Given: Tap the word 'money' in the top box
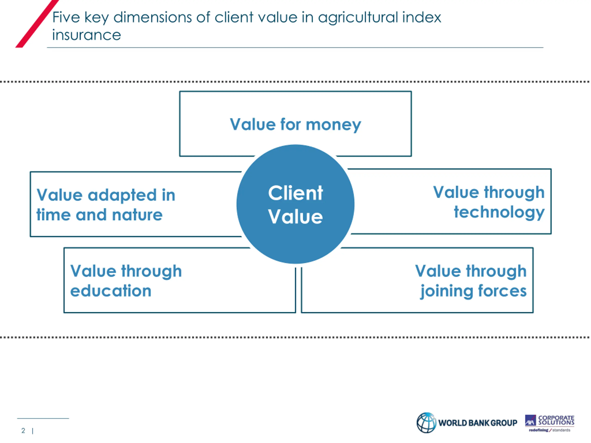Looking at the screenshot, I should (333, 125).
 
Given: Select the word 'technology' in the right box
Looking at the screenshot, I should (499, 213).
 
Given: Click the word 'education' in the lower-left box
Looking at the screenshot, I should (111, 291).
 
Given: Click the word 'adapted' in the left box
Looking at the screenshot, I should (122, 195).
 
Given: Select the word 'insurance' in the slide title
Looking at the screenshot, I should (86, 35).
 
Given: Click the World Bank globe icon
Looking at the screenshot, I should (426, 423).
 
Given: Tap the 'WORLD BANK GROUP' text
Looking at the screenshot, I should (478, 423).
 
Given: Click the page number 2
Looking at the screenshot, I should (23, 431).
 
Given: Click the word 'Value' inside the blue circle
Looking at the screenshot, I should (295, 217).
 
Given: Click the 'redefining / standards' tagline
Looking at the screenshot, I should (550, 430).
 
